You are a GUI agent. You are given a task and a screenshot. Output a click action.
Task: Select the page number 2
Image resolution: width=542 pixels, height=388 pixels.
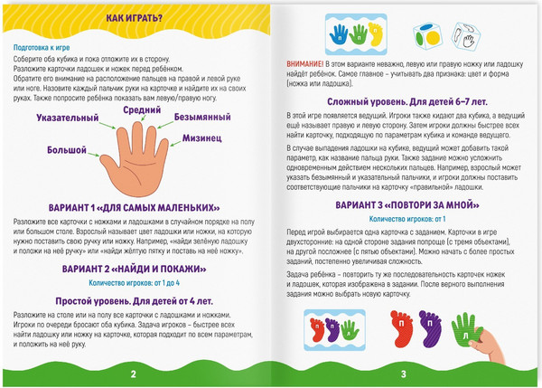tap(134, 374)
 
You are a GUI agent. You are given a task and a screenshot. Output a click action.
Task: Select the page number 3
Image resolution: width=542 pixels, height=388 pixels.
tap(404, 374)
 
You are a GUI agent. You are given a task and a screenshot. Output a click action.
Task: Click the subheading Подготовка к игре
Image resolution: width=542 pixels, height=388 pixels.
tap(42, 47)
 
